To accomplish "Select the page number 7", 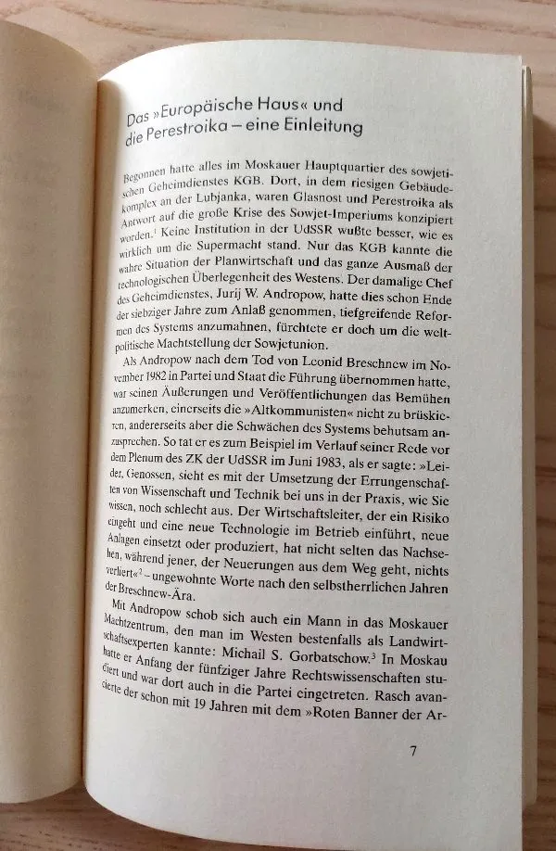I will coord(413,751).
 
